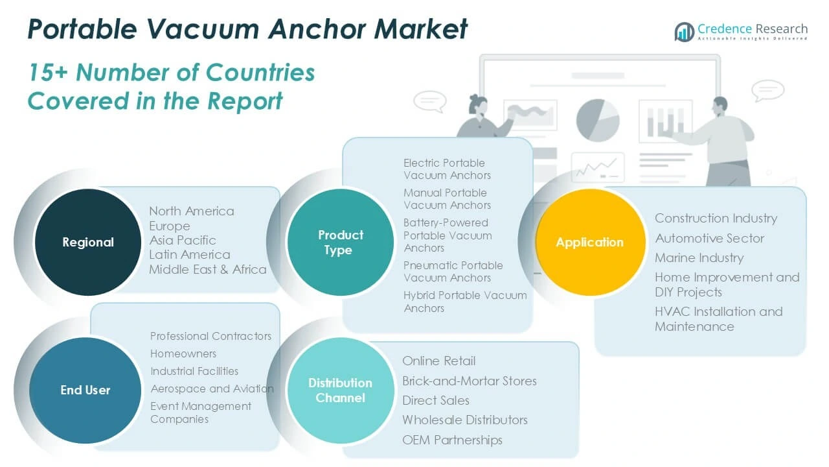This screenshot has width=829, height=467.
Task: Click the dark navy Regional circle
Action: pyautogui.click(x=87, y=242)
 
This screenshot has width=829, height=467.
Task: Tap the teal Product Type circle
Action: pyautogui.click(x=339, y=242)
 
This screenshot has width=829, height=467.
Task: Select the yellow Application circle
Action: pyautogui.click(x=589, y=242)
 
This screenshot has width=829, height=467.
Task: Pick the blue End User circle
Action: pyautogui.click(x=85, y=390)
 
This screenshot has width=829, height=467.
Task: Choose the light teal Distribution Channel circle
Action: pyautogui.click(x=340, y=390)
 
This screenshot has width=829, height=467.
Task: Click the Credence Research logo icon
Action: pyautogui.click(x=685, y=31)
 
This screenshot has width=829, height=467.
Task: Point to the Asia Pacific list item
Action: pyautogui.click(x=182, y=240)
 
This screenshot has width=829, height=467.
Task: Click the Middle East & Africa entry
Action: pyautogui.click(x=207, y=269)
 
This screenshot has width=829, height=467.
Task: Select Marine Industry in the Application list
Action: pyautogui.click(x=699, y=257)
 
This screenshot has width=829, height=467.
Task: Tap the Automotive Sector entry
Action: pyautogui.click(x=709, y=238)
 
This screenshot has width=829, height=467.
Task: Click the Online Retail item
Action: pyautogui.click(x=438, y=361)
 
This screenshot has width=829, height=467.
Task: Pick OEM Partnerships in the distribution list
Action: pyautogui.click(x=452, y=440)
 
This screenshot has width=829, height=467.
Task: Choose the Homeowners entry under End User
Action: pyautogui.click(x=183, y=353)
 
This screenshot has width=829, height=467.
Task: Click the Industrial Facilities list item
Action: pyautogui.click(x=194, y=371)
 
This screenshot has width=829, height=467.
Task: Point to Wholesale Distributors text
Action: pyautogui.click(x=464, y=420)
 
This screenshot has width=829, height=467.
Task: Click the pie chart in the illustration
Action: pyautogui.click(x=597, y=119)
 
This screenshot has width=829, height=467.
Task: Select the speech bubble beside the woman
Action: pyautogui.click(x=429, y=101)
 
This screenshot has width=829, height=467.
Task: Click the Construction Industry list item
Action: pyautogui.click(x=716, y=218)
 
